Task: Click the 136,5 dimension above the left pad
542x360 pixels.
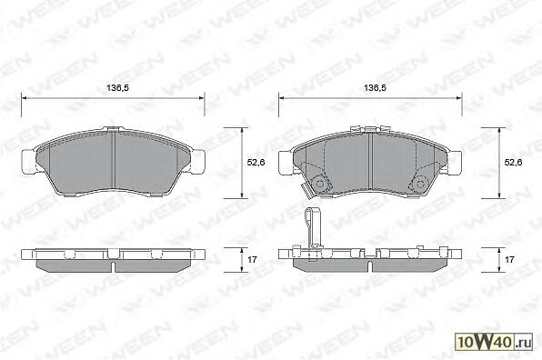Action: click(118, 88)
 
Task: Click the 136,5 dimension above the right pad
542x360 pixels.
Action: click(375, 88)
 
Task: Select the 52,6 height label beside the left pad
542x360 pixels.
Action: click(256, 162)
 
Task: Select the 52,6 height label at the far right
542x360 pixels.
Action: click(513, 162)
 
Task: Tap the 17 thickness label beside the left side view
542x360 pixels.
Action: click(252, 259)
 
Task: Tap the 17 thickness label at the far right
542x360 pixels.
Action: click(509, 259)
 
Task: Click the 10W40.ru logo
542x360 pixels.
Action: click(494, 343)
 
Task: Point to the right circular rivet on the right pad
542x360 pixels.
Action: click(421, 184)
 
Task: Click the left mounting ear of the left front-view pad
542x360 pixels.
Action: click(29, 162)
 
